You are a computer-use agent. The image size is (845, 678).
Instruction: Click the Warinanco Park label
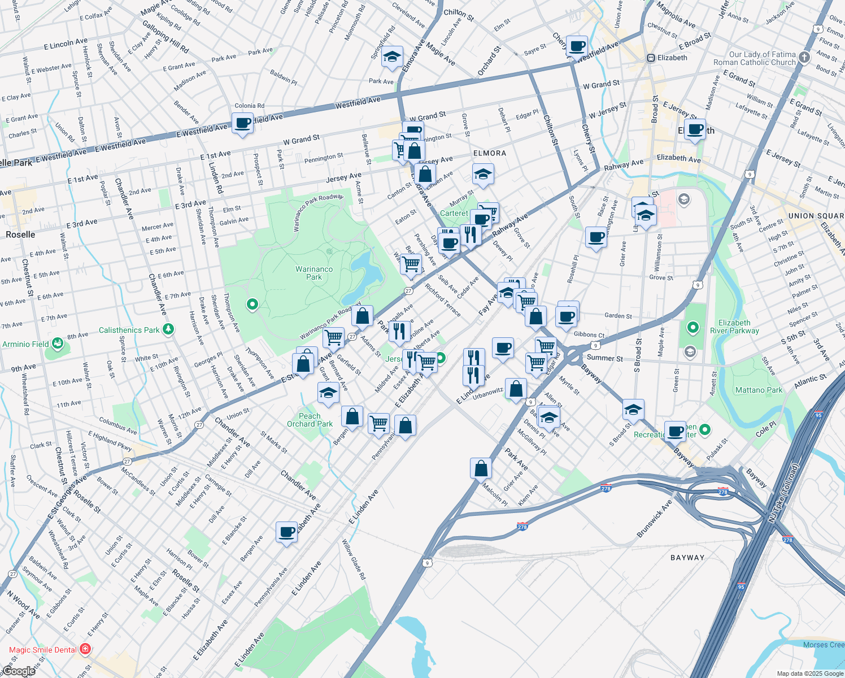(x=314, y=273)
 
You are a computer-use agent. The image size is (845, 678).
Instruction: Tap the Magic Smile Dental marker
(x=85, y=649)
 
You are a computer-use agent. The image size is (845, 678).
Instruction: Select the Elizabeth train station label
(x=672, y=58)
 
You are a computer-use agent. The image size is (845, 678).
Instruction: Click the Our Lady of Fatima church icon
(x=805, y=56)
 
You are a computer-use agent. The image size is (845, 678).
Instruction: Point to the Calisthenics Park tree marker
(x=168, y=329)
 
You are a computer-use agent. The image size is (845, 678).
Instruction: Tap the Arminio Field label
(x=25, y=344)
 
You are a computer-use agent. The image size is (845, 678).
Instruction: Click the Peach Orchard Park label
(x=310, y=420)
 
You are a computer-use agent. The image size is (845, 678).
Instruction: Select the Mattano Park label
(x=759, y=390)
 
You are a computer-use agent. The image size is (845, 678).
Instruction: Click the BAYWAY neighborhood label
(x=687, y=558)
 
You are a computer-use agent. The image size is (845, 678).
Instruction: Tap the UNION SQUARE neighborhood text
(x=816, y=216)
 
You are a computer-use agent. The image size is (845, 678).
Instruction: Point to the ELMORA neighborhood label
(x=490, y=153)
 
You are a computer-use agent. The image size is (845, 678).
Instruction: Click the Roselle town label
(x=20, y=234)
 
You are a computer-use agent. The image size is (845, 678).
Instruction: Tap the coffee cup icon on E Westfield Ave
(x=243, y=123)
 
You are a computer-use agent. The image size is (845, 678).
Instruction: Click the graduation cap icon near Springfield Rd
(x=392, y=56)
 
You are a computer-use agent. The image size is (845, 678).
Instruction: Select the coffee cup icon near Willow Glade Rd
(x=287, y=532)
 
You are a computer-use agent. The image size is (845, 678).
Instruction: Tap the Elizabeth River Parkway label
(x=734, y=327)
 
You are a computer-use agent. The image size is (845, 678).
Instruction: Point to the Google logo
(x=19, y=671)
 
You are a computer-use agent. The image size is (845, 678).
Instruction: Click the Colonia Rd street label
(x=249, y=106)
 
